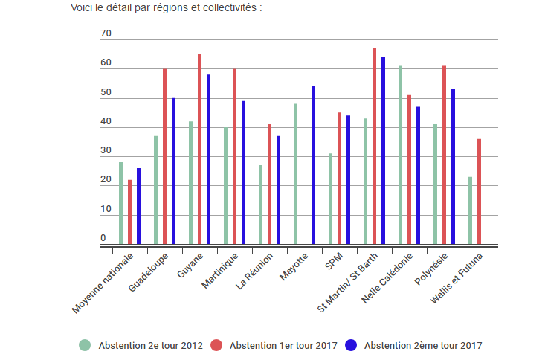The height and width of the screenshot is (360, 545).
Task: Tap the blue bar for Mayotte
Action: coord(313,165)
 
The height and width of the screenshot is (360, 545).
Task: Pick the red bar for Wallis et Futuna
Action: coord(479,191)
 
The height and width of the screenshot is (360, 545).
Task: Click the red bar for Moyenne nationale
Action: coord(129,212)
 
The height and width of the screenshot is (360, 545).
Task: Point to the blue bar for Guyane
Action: coord(208,159)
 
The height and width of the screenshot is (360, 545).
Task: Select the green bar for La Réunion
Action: coord(260,205)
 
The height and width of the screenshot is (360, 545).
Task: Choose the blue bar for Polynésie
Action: coord(453,167)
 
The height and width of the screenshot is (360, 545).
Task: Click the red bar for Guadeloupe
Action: coord(164,156)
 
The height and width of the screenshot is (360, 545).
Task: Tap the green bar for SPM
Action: coord(330,199)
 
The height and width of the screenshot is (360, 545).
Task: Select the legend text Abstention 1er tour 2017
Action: coord(283,345)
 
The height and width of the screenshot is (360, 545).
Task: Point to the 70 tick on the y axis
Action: coord(106,34)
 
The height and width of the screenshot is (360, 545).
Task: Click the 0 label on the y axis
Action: coord(103,238)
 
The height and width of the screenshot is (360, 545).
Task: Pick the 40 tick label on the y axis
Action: coord(106,122)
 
